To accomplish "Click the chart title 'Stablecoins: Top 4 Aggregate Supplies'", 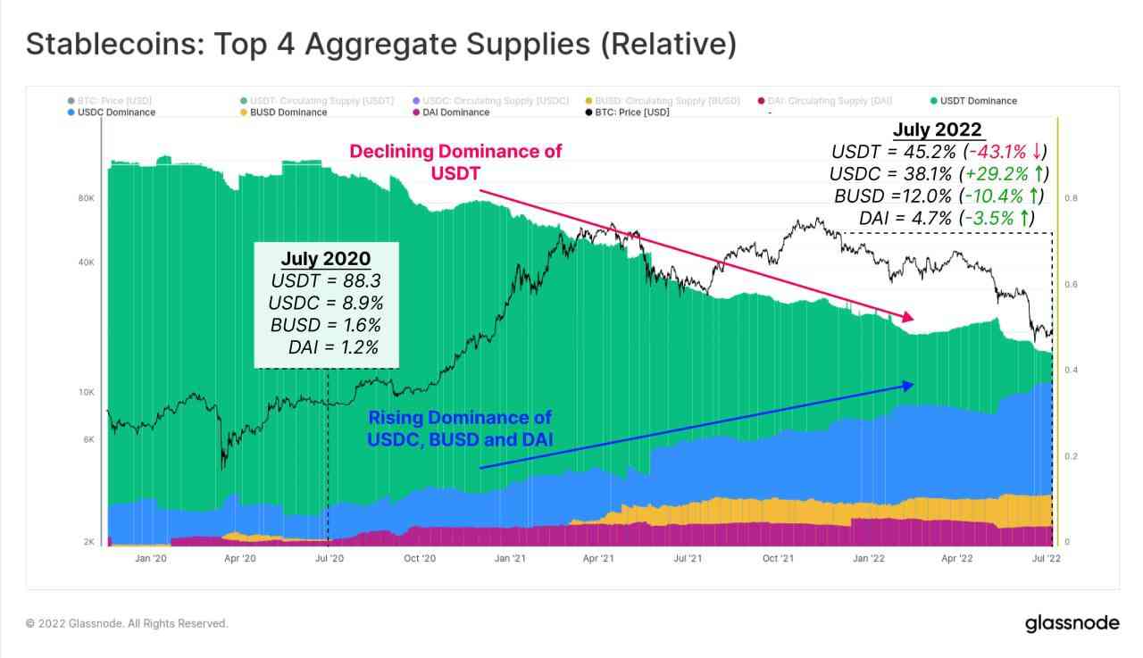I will pos(381,44).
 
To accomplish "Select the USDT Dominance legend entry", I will pos(978,101).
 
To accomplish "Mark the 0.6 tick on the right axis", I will pos(1072,285).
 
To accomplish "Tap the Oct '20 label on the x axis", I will pos(420,559).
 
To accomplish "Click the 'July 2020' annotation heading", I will pos(325,259).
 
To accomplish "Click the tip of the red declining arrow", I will pos(913,318).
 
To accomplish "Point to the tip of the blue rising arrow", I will pos(913,385).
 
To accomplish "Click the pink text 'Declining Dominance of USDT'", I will pos(455,162).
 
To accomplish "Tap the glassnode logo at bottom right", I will pos(1072,622).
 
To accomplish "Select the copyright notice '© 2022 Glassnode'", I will pos(127,623).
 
